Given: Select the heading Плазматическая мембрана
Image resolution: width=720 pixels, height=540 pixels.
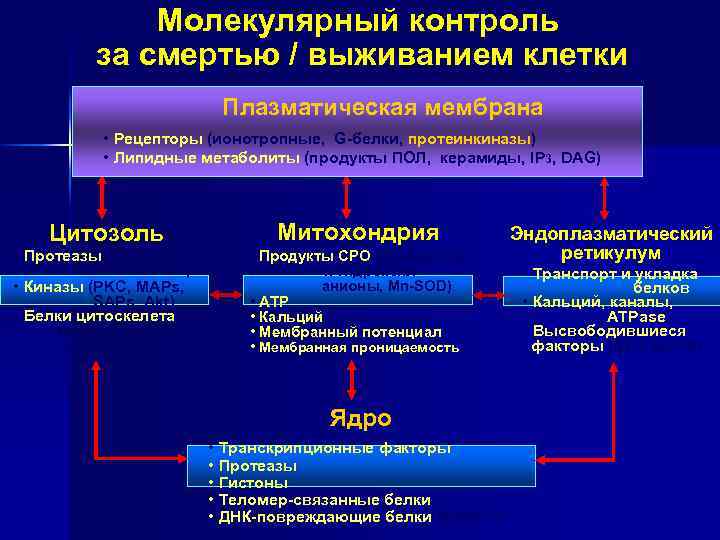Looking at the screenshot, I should click(383, 107).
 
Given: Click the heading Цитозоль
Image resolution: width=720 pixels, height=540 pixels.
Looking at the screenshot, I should click(107, 234).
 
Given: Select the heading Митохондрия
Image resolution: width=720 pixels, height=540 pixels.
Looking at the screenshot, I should click(357, 232).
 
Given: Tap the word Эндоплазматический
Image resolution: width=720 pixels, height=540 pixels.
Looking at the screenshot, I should click(611, 233).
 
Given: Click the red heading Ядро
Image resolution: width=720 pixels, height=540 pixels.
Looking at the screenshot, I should click(360, 418).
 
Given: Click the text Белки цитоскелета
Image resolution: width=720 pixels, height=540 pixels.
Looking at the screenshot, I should click(98, 316).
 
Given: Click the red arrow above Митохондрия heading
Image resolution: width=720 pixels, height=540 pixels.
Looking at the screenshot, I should click(345, 196).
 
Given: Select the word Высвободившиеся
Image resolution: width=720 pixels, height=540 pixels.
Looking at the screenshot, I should click(609, 331).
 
